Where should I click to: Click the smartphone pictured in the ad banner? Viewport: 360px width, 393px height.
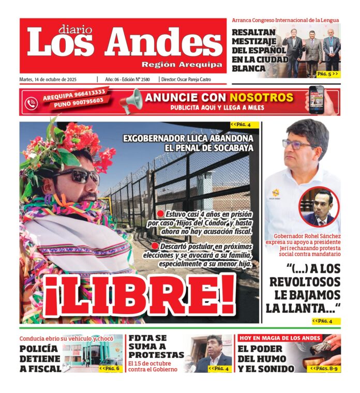tap(317, 100)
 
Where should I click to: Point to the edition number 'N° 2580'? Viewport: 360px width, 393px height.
tap(139, 80)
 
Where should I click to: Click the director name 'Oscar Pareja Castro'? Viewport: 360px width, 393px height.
tap(200, 80)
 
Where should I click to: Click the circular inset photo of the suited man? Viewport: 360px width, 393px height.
tap(319, 207)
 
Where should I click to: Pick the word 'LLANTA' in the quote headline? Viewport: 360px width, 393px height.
tap(310, 309)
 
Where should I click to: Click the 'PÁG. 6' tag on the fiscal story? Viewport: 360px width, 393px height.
tap(110, 368)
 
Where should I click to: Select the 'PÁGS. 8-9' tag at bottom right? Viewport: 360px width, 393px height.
tap(325, 368)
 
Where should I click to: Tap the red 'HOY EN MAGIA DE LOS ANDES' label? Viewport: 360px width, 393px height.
tap(280, 338)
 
